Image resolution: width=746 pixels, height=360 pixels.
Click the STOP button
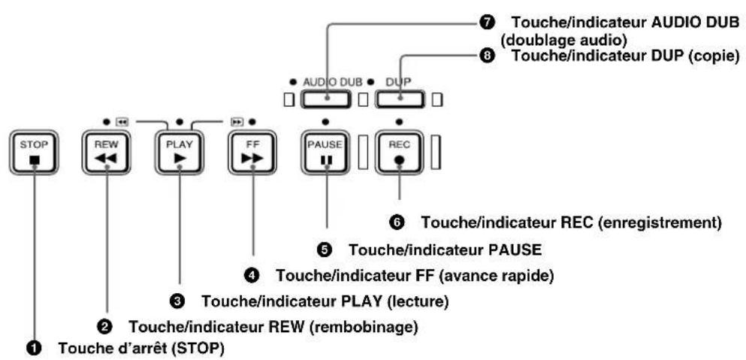tap(34, 153)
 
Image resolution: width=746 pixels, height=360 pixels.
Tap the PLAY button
tap(180, 153)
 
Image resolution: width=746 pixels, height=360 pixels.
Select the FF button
tap(252, 153)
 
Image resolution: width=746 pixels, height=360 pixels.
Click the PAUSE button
tap(325, 153)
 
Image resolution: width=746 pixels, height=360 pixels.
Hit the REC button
tap(399, 153)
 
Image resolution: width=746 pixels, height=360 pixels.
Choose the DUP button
tap(400, 99)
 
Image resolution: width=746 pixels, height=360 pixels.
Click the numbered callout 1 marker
tap(34, 349)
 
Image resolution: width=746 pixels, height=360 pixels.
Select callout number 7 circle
tap(487, 23)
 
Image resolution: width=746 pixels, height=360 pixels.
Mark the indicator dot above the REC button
tap(399, 122)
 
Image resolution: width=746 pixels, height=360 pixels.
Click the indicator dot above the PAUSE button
tap(325, 122)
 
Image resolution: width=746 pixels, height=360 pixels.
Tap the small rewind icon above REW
tap(122, 122)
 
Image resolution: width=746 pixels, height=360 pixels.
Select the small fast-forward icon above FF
tap(237, 122)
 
